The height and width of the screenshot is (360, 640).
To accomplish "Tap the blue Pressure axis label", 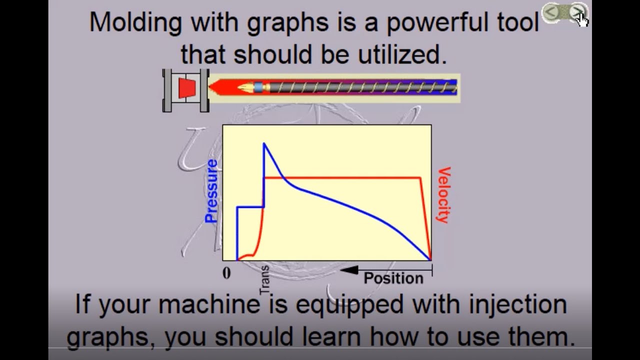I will tap(211, 191).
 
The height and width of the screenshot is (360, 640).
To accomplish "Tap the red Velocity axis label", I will tap(443, 195).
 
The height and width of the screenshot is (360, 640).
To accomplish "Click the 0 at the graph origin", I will tap(227, 273).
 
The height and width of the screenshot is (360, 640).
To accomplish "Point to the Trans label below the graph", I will tap(264, 280).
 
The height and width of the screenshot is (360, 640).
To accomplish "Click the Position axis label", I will tap(393, 278).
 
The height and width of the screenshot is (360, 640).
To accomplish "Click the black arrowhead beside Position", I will tap(349, 270).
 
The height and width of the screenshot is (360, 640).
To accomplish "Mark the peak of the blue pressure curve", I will tap(264, 144).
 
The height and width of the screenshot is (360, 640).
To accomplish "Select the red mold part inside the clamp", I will tap(187, 88).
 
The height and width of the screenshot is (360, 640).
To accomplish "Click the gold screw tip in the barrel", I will tap(245, 87).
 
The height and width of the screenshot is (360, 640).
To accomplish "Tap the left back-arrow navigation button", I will tap(551, 12).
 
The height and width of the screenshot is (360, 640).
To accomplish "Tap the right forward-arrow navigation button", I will tap(577, 12).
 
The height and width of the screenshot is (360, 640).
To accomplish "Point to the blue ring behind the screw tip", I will tap(258, 87).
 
